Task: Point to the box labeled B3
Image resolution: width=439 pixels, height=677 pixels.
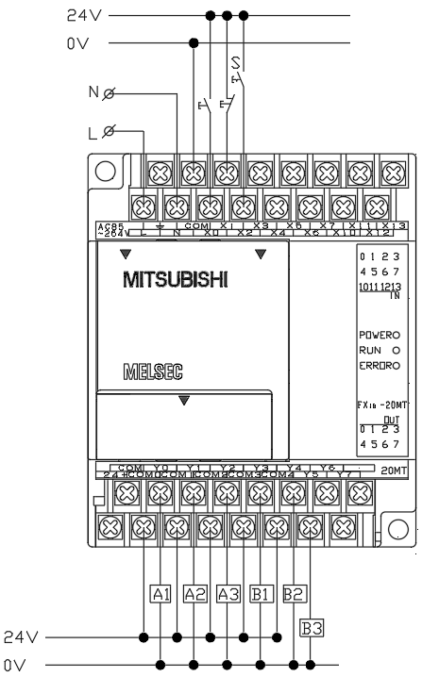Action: [311, 624]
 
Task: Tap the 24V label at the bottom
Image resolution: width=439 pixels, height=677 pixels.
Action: [21, 636]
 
